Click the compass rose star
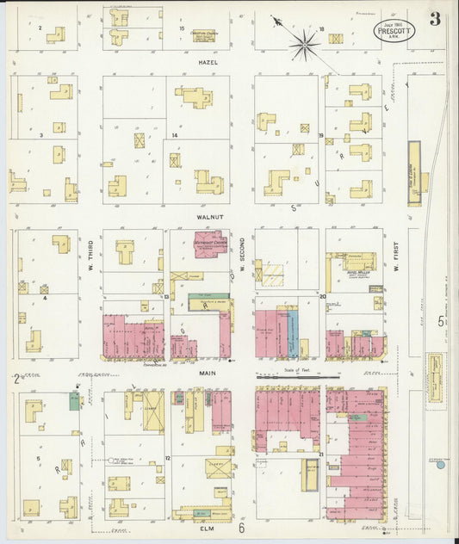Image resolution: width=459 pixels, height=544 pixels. coord(304,44)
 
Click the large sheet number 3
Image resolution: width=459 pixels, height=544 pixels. coord(435,19)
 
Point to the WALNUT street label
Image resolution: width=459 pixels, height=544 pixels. coord(209,218)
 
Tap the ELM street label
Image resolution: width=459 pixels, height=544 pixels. coord(207,529)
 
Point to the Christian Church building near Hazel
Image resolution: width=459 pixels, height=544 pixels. coord(203,34)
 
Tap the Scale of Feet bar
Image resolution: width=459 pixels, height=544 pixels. coord(297,376)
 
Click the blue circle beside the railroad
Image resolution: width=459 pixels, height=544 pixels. coord(440,466)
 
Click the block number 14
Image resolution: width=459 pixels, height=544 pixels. coord(174,135)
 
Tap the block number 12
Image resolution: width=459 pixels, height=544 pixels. coord(168,459)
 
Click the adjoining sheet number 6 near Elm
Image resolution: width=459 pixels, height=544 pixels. coord(243,528)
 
